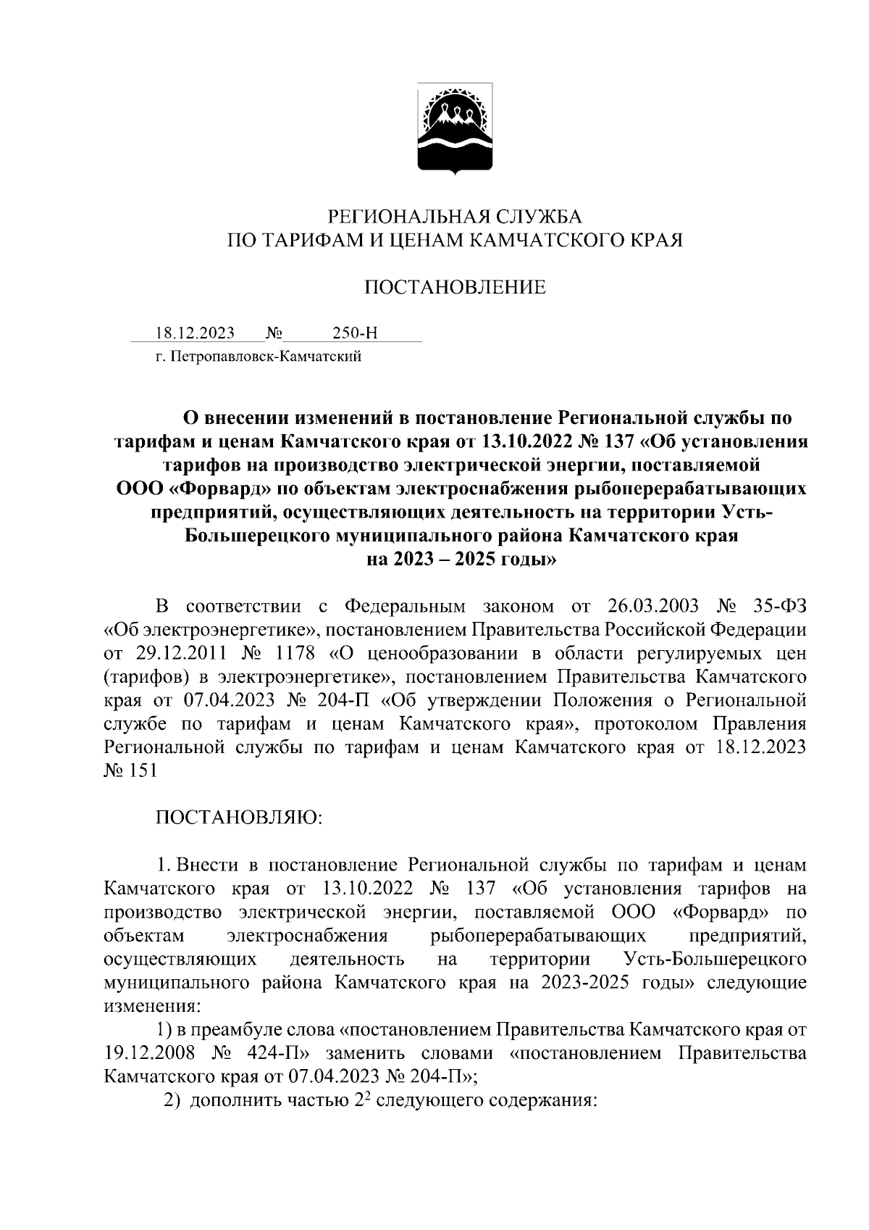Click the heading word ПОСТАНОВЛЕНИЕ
pyautogui.click(x=454, y=288)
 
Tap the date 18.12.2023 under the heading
pyautogui.click(x=195, y=333)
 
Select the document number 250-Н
pyautogui.click(x=355, y=333)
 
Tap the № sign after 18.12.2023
pyautogui.click(x=274, y=333)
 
